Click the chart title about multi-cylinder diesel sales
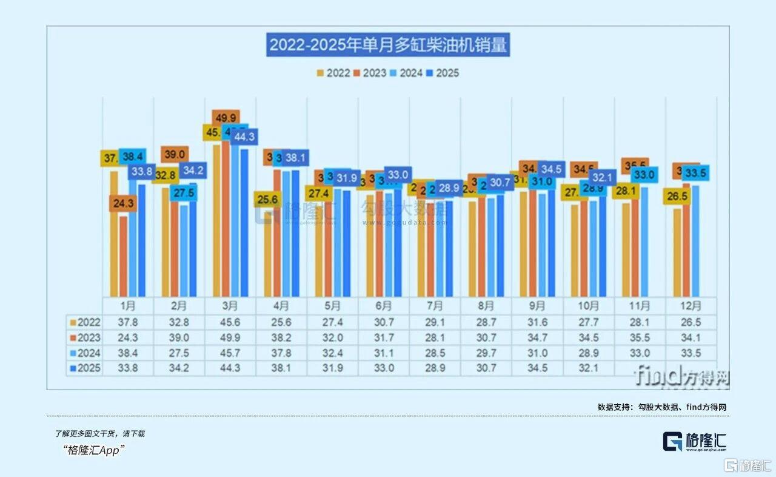(x=388, y=46)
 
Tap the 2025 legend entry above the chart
(x=442, y=73)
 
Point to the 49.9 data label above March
(x=226, y=117)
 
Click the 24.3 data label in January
(x=123, y=204)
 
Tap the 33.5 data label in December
(x=696, y=174)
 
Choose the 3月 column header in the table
(x=230, y=306)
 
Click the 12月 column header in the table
(x=691, y=306)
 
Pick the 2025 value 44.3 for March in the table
(x=230, y=368)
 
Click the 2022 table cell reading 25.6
(x=282, y=322)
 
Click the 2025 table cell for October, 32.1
(x=589, y=368)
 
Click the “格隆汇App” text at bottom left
(x=94, y=450)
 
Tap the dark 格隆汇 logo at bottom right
(x=694, y=441)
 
